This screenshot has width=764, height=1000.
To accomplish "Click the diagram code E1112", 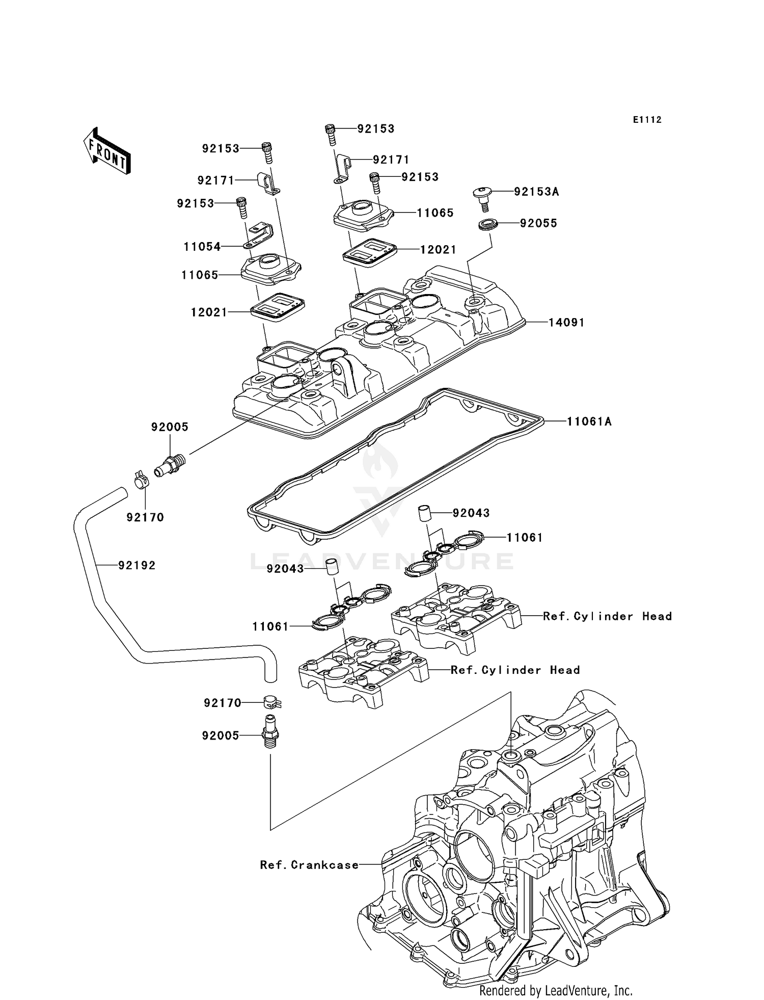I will click(647, 120).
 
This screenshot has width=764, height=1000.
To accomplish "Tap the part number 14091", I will click(566, 323).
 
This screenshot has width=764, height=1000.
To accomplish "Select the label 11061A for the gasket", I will click(589, 422).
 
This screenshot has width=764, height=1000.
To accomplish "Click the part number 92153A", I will click(536, 192).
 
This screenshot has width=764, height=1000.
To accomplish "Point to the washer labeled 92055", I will click(488, 224).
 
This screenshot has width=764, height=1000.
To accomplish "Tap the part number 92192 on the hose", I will click(137, 565).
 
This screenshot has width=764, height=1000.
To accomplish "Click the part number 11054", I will click(202, 247).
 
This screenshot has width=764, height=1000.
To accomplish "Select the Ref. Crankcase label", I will click(309, 865).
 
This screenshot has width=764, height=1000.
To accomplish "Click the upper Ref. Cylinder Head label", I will click(607, 616).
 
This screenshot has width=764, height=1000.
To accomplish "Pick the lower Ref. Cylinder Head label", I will click(515, 670).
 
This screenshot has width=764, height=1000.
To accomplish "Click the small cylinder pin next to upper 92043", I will click(425, 513).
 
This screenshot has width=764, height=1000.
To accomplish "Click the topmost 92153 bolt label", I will click(375, 129).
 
